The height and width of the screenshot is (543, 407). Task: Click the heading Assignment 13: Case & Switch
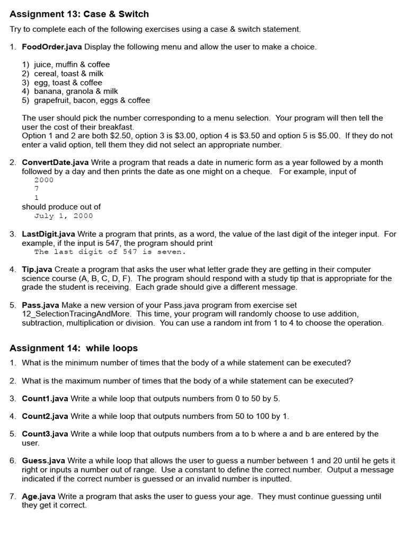point(79,14)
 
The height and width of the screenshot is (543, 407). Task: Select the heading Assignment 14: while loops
point(74,348)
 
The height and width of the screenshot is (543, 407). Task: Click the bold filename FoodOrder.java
point(52,47)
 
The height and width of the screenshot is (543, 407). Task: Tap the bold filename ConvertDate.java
point(55,162)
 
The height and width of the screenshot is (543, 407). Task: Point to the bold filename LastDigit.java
point(48,234)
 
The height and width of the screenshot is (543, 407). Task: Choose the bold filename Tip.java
point(37,269)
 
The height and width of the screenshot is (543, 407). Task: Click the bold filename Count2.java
point(45,416)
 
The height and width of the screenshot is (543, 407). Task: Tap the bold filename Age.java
point(39,496)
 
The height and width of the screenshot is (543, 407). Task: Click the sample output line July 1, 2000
point(64,216)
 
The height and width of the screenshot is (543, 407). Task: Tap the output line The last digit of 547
point(110,252)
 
